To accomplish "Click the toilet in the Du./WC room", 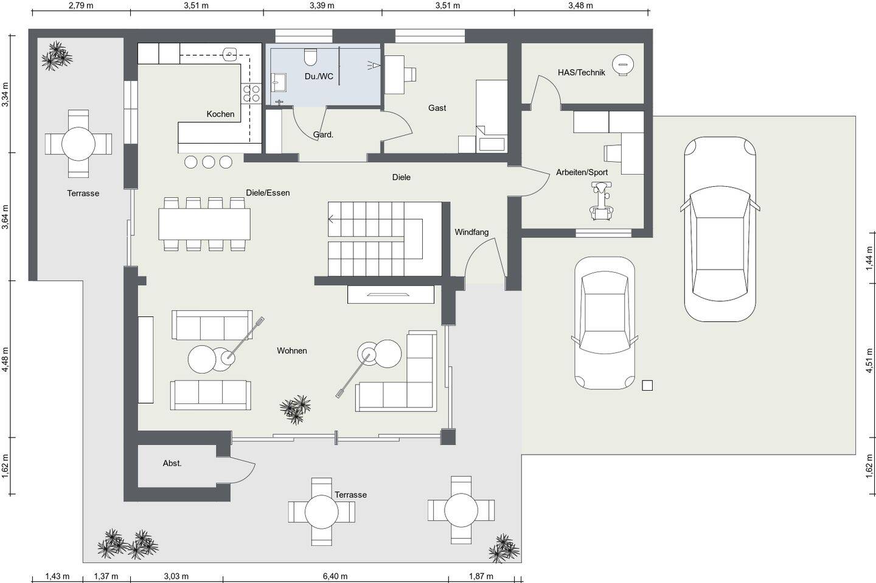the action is pyautogui.click(x=310, y=57).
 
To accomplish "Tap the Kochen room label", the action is pyautogui.click(x=221, y=114).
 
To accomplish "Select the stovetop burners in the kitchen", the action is pyautogui.click(x=251, y=94).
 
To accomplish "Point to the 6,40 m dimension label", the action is pyautogui.click(x=335, y=576).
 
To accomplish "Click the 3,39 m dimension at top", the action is pyautogui.click(x=322, y=5).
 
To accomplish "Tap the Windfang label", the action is pyautogui.click(x=471, y=232).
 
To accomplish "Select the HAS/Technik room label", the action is pyautogui.click(x=581, y=72).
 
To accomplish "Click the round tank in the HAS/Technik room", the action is pyautogui.click(x=623, y=65).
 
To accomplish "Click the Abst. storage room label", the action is pyautogui.click(x=172, y=463).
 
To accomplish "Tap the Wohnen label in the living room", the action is pyautogui.click(x=292, y=351).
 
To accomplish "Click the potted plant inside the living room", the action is pyautogui.click(x=295, y=410).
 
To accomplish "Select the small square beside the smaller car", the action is pyautogui.click(x=647, y=385).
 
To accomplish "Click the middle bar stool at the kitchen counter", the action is pyautogui.click(x=209, y=162).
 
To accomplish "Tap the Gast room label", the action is pyautogui.click(x=437, y=108).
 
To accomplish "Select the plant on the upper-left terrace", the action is pyautogui.click(x=57, y=56).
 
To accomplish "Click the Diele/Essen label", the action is pyautogui.click(x=268, y=193).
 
